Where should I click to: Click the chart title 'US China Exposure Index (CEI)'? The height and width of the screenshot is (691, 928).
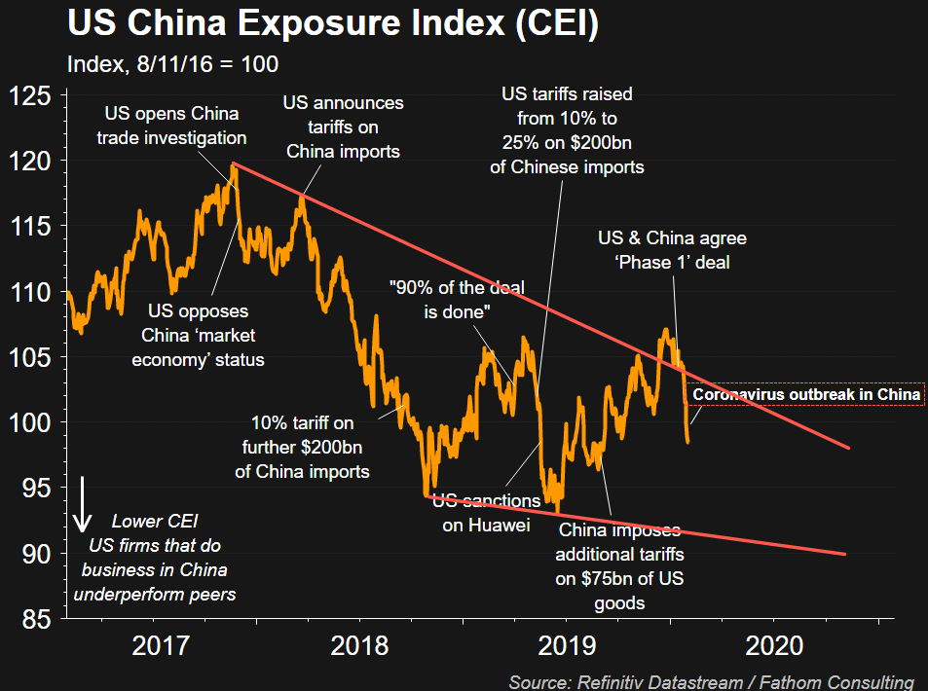click(332, 23)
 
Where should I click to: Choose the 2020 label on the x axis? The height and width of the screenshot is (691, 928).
click(775, 645)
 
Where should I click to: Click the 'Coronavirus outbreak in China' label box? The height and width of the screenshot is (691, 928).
click(806, 395)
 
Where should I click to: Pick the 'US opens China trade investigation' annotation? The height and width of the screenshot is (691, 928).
click(171, 127)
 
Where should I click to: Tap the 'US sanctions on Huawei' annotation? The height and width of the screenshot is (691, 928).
click(485, 513)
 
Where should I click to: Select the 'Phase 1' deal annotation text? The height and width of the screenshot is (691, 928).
click(672, 250)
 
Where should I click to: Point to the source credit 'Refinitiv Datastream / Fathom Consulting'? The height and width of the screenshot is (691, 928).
click(711, 681)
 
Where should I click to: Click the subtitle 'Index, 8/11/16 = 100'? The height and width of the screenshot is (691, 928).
click(173, 65)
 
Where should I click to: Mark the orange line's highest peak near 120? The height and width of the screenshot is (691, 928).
click(233, 165)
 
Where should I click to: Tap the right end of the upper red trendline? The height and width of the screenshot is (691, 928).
click(849, 448)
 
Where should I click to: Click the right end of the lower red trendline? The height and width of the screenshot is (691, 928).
click(844, 554)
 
